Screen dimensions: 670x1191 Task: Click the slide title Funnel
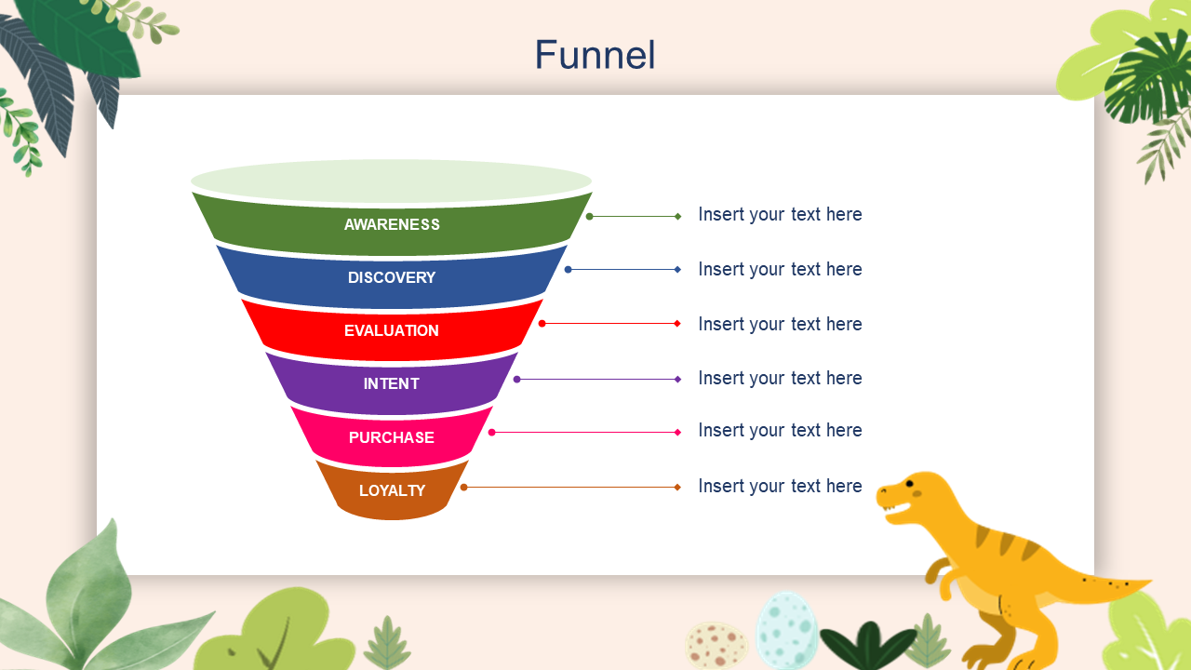(x=595, y=55)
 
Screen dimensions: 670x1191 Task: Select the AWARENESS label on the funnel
(x=392, y=224)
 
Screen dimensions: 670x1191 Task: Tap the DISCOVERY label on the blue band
(x=392, y=277)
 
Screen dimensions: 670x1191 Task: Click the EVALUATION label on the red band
(x=392, y=330)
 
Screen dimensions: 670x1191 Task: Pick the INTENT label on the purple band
(x=392, y=383)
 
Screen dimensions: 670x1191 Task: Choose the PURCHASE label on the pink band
(x=392, y=437)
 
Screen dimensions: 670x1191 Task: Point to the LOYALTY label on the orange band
(x=392, y=490)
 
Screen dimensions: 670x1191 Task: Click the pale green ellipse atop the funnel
(x=391, y=181)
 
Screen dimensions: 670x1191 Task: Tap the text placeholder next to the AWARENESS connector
(x=780, y=214)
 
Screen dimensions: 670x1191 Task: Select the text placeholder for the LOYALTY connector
(x=780, y=486)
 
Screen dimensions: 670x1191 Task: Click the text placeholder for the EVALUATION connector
(x=780, y=324)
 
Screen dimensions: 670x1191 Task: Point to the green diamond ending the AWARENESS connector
(x=678, y=216)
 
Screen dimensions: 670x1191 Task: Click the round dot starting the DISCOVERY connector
(x=568, y=270)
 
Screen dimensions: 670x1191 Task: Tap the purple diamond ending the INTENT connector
(x=678, y=379)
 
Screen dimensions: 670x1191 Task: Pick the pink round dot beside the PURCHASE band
(x=491, y=432)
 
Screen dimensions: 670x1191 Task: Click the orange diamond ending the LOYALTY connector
(x=677, y=487)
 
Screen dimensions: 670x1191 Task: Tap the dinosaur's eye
(x=909, y=484)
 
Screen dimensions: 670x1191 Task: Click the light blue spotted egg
(x=786, y=630)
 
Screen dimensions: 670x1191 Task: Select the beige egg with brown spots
(x=716, y=645)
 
